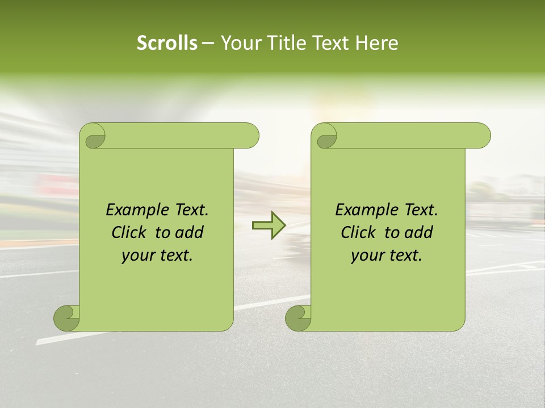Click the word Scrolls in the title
coord(167,43)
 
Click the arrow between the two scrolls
coord(269,226)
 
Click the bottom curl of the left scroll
coord(66,318)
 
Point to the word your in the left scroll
coord(139,256)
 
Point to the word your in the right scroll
coord(368,256)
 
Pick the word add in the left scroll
coord(191,232)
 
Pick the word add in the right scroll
coord(420,232)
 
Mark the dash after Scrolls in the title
coord(208,43)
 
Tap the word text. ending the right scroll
coord(404,256)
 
